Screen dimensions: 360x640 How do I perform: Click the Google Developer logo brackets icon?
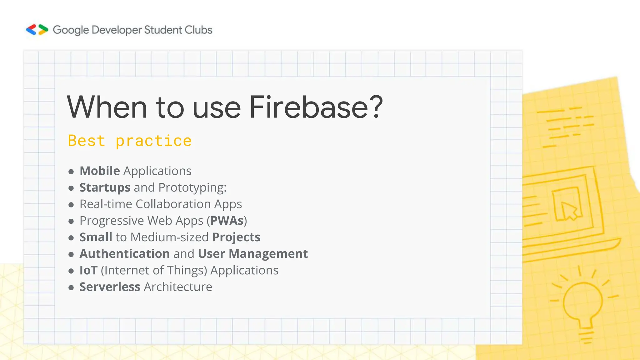37,30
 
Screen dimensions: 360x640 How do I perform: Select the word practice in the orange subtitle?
153,141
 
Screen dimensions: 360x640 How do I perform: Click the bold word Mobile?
100,171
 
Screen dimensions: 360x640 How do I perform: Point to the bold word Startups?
105,187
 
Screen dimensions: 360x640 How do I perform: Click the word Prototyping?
192,187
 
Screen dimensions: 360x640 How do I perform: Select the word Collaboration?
173,204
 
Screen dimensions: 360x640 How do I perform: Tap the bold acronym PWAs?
227,221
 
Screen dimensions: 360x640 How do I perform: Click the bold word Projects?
236,237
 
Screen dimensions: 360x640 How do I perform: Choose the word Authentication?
124,254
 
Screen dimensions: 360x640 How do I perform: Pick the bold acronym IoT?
88,270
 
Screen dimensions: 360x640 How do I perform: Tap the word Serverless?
110,287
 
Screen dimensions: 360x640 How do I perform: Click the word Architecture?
178,287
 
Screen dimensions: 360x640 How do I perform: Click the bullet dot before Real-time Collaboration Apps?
71,205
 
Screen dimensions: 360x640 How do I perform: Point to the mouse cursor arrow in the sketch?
569,211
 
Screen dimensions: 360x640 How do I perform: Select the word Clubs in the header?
198,30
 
